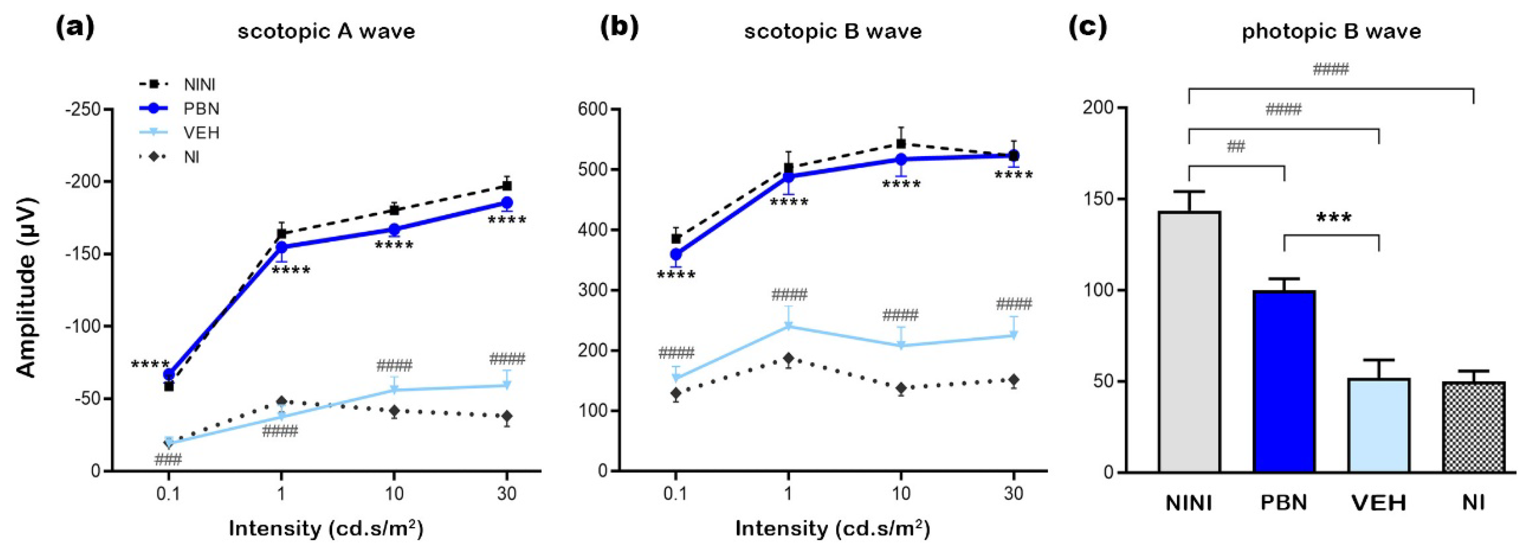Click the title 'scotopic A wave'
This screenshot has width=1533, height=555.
click(326, 31)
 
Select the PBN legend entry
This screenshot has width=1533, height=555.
click(201, 109)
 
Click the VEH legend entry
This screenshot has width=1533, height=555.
click(201, 132)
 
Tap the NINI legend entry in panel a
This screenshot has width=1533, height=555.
click(199, 85)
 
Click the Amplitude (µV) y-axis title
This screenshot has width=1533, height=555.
click(27, 287)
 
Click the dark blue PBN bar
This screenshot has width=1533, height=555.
click(1283, 381)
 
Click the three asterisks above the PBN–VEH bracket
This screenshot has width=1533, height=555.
click(1334, 218)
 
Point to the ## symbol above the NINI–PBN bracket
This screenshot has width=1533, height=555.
click(1236, 146)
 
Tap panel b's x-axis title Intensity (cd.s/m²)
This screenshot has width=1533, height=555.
click(832, 528)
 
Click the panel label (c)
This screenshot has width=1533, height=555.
click(1088, 28)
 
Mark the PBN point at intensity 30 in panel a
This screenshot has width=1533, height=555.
click(506, 202)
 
